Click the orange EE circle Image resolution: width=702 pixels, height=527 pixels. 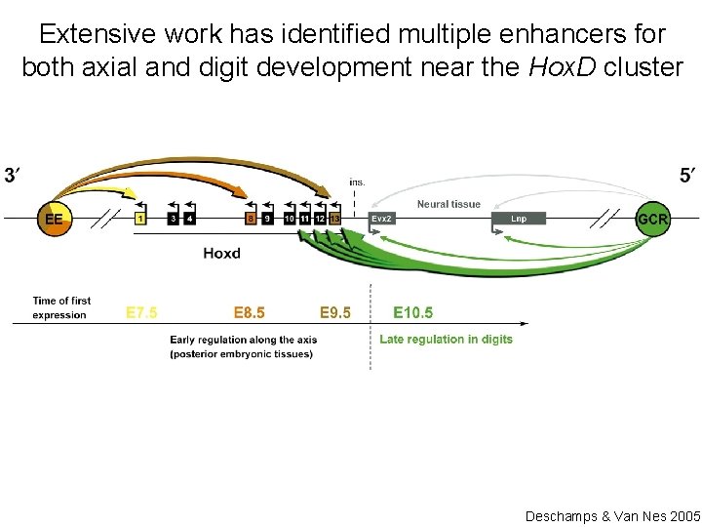[x=54, y=219]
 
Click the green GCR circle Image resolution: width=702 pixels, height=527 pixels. [x=652, y=219]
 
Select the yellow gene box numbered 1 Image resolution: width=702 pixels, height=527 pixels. [x=140, y=219]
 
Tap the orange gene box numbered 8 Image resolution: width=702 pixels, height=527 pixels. [x=251, y=219]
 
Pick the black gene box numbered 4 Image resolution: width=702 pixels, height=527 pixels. [x=189, y=219]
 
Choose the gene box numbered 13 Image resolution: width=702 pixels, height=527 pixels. [x=334, y=219]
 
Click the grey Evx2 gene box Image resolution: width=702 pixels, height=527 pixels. [x=383, y=219]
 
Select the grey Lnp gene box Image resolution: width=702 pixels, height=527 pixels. [x=519, y=219]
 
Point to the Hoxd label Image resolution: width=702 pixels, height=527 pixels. [x=222, y=254]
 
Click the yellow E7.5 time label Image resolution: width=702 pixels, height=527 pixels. [x=141, y=313]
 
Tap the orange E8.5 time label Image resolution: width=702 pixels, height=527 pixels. [x=249, y=313]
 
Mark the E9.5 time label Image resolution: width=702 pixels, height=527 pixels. [x=335, y=313]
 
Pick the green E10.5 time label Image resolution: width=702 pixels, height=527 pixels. [x=413, y=313]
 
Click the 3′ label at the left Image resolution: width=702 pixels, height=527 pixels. [x=14, y=176]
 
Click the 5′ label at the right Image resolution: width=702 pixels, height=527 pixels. [x=688, y=176]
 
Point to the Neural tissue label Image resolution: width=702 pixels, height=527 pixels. [x=448, y=204]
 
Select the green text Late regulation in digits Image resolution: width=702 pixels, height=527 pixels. [x=446, y=340]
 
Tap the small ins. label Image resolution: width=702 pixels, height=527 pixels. [x=357, y=182]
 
